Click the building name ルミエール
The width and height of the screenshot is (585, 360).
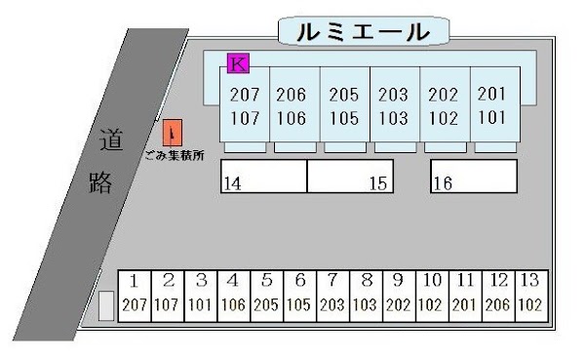coord(362,32)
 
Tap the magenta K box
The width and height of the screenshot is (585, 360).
coord(238,64)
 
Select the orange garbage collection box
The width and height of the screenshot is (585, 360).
coord(172,133)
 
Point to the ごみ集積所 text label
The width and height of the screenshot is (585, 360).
coord(174,155)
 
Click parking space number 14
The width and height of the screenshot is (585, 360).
coord(265,177)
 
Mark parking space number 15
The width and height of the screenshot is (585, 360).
coord(349,177)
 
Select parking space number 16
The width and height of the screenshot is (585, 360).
coord(473,177)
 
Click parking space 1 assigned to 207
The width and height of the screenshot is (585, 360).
coord(135,295)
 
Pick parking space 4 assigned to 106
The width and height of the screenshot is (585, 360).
coord(233,295)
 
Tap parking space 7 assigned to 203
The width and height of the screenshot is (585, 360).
coord(332,295)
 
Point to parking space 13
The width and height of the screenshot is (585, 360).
coord(529,295)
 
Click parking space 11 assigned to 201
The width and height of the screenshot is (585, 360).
coord(465,295)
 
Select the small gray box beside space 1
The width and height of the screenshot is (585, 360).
coord(106,305)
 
